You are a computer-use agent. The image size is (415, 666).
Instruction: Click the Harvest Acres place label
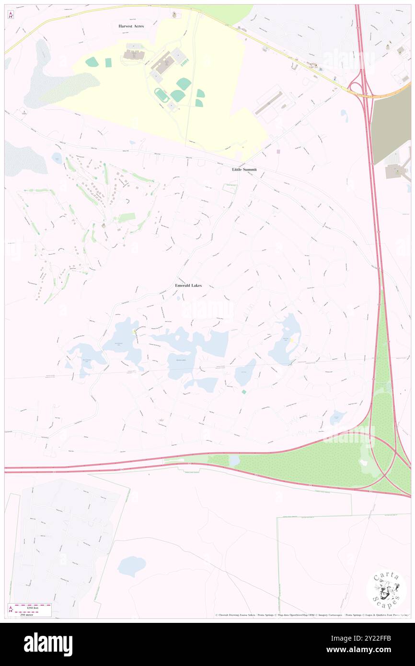131,26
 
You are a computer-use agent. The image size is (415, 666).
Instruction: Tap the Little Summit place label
244,170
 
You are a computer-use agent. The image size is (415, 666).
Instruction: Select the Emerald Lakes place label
188,286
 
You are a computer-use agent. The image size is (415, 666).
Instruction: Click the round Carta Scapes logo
386,589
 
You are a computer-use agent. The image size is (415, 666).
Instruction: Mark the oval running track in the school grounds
161,95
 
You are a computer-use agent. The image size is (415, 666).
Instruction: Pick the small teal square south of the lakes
244,392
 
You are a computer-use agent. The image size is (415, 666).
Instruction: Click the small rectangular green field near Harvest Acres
108,62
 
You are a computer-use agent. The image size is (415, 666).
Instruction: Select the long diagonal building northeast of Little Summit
268,103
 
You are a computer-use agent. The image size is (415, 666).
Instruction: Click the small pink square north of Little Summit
278,151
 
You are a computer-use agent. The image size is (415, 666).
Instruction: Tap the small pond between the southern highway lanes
234,460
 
